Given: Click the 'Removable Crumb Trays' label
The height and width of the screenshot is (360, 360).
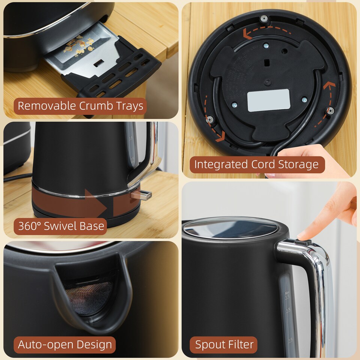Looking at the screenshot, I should pyautogui.click(x=81, y=106).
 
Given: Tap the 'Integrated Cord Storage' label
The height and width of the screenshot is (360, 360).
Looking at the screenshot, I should pyautogui.click(x=257, y=164).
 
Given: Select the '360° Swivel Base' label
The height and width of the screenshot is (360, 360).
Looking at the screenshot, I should pyautogui.click(x=61, y=226).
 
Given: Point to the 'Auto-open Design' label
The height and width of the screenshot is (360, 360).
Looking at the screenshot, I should pyautogui.click(x=65, y=344).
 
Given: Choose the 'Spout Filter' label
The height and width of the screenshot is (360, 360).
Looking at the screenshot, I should pyautogui.click(x=224, y=344).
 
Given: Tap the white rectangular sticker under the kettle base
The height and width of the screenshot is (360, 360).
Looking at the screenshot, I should pyautogui.click(x=268, y=100).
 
